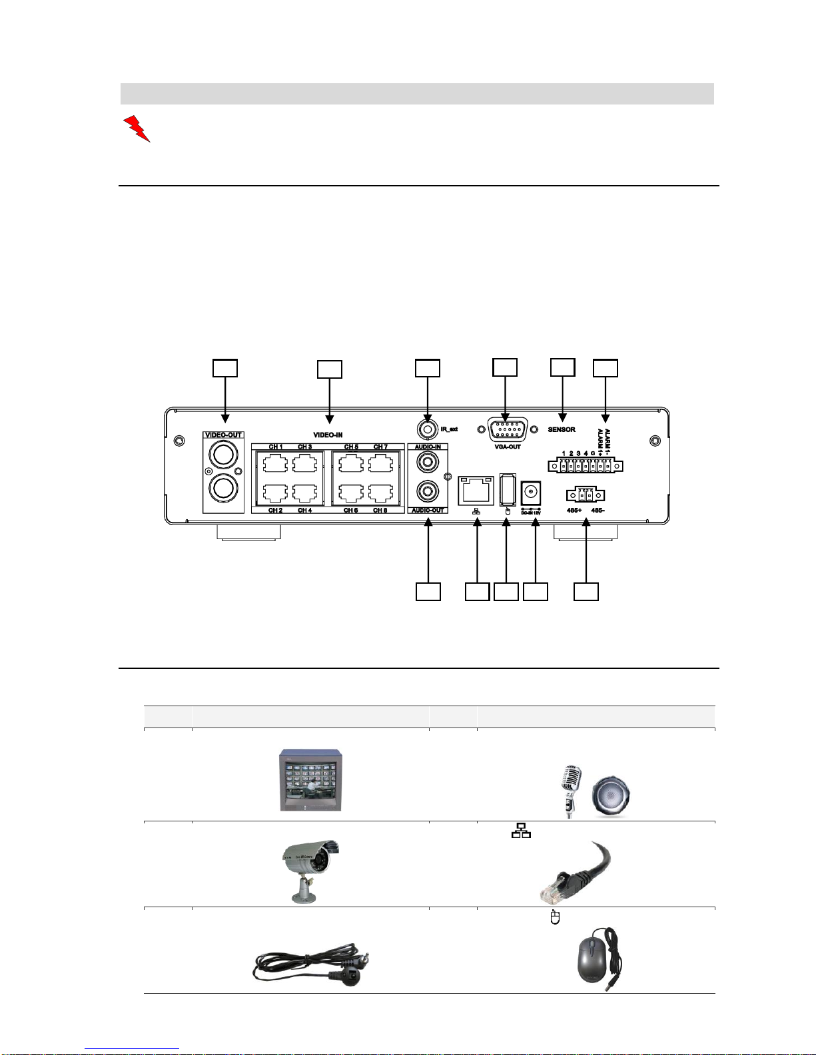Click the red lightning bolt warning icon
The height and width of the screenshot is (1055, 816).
click(x=137, y=128)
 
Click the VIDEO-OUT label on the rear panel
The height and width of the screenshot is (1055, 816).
click(x=224, y=435)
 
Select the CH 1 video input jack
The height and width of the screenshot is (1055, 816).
click(x=276, y=463)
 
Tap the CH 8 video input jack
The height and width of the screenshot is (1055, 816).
click(x=380, y=493)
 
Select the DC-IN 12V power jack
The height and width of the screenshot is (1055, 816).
click(x=530, y=493)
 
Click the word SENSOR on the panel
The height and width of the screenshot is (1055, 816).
click(x=562, y=429)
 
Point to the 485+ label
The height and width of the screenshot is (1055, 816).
click(x=574, y=510)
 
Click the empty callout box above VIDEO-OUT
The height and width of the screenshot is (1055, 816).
click(x=224, y=368)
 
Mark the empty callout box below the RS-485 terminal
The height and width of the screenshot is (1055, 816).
click(x=586, y=592)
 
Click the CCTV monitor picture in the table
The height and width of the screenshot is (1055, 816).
click(x=311, y=780)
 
